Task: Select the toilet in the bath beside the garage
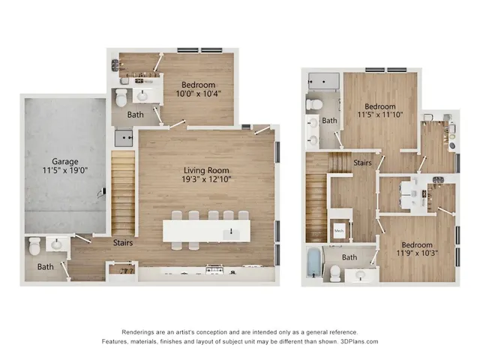[34, 246]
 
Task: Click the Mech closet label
[338, 231]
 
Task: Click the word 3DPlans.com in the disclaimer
[358, 341]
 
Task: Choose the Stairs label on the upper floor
[363, 161]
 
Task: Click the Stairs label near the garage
[124, 243]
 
